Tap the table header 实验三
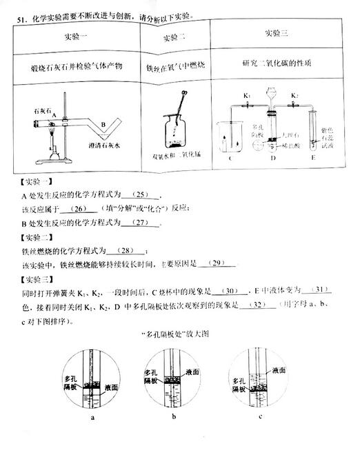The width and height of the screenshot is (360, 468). [277, 33]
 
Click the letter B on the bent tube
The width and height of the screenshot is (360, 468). [102, 124]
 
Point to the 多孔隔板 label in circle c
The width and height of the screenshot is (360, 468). [241, 383]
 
